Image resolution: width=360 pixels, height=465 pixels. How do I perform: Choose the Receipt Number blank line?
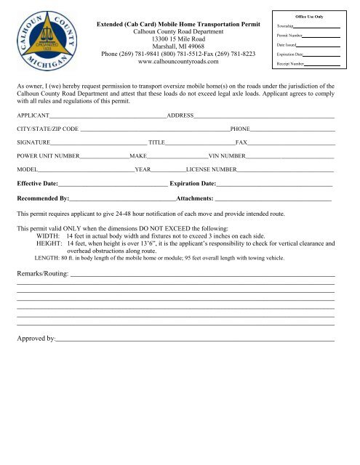(324, 64)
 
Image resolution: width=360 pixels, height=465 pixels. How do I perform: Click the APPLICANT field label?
(33, 116)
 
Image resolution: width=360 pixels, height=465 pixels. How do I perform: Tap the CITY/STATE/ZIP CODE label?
(47, 129)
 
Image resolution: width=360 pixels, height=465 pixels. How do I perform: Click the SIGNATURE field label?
(33, 142)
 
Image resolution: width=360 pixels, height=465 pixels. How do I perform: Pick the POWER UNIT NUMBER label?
(48, 155)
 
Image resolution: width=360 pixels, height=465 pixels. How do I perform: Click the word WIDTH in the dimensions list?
(49, 237)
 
